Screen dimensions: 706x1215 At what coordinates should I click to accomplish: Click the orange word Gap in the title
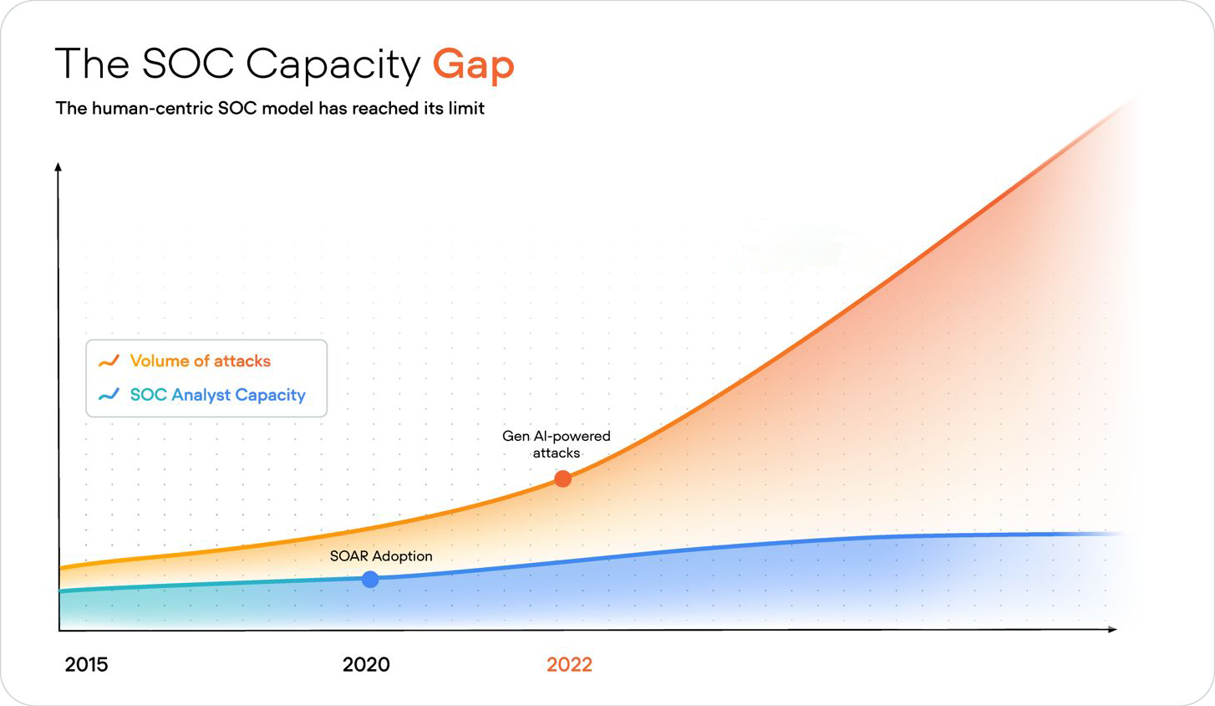pos(473,65)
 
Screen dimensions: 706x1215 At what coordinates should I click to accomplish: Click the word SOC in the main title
pos(188,64)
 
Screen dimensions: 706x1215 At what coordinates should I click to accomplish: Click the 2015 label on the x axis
pos(86,664)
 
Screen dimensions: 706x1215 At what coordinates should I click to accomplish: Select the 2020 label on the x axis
pos(366,664)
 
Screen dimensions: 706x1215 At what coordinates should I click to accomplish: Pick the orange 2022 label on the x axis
pos(569,664)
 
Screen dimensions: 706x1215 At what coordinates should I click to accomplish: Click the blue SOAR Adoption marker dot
pos(370,579)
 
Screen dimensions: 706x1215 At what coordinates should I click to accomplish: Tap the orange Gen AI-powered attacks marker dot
pos(563,478)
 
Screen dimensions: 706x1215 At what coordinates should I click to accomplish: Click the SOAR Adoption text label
pos(381,556)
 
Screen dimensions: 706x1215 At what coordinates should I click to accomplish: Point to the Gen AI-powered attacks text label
pos(556,444)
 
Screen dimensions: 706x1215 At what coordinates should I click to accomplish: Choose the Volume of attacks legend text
pos(200,361)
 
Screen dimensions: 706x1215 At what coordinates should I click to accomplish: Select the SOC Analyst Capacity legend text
pos(217,395)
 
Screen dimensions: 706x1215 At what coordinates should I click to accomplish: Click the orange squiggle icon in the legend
pos(109,361)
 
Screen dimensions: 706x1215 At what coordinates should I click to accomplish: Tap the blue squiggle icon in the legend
pos(109,395)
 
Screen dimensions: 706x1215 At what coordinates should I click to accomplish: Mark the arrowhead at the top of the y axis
pos(58,167)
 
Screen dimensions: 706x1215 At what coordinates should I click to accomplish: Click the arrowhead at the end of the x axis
pos(1112,629)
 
